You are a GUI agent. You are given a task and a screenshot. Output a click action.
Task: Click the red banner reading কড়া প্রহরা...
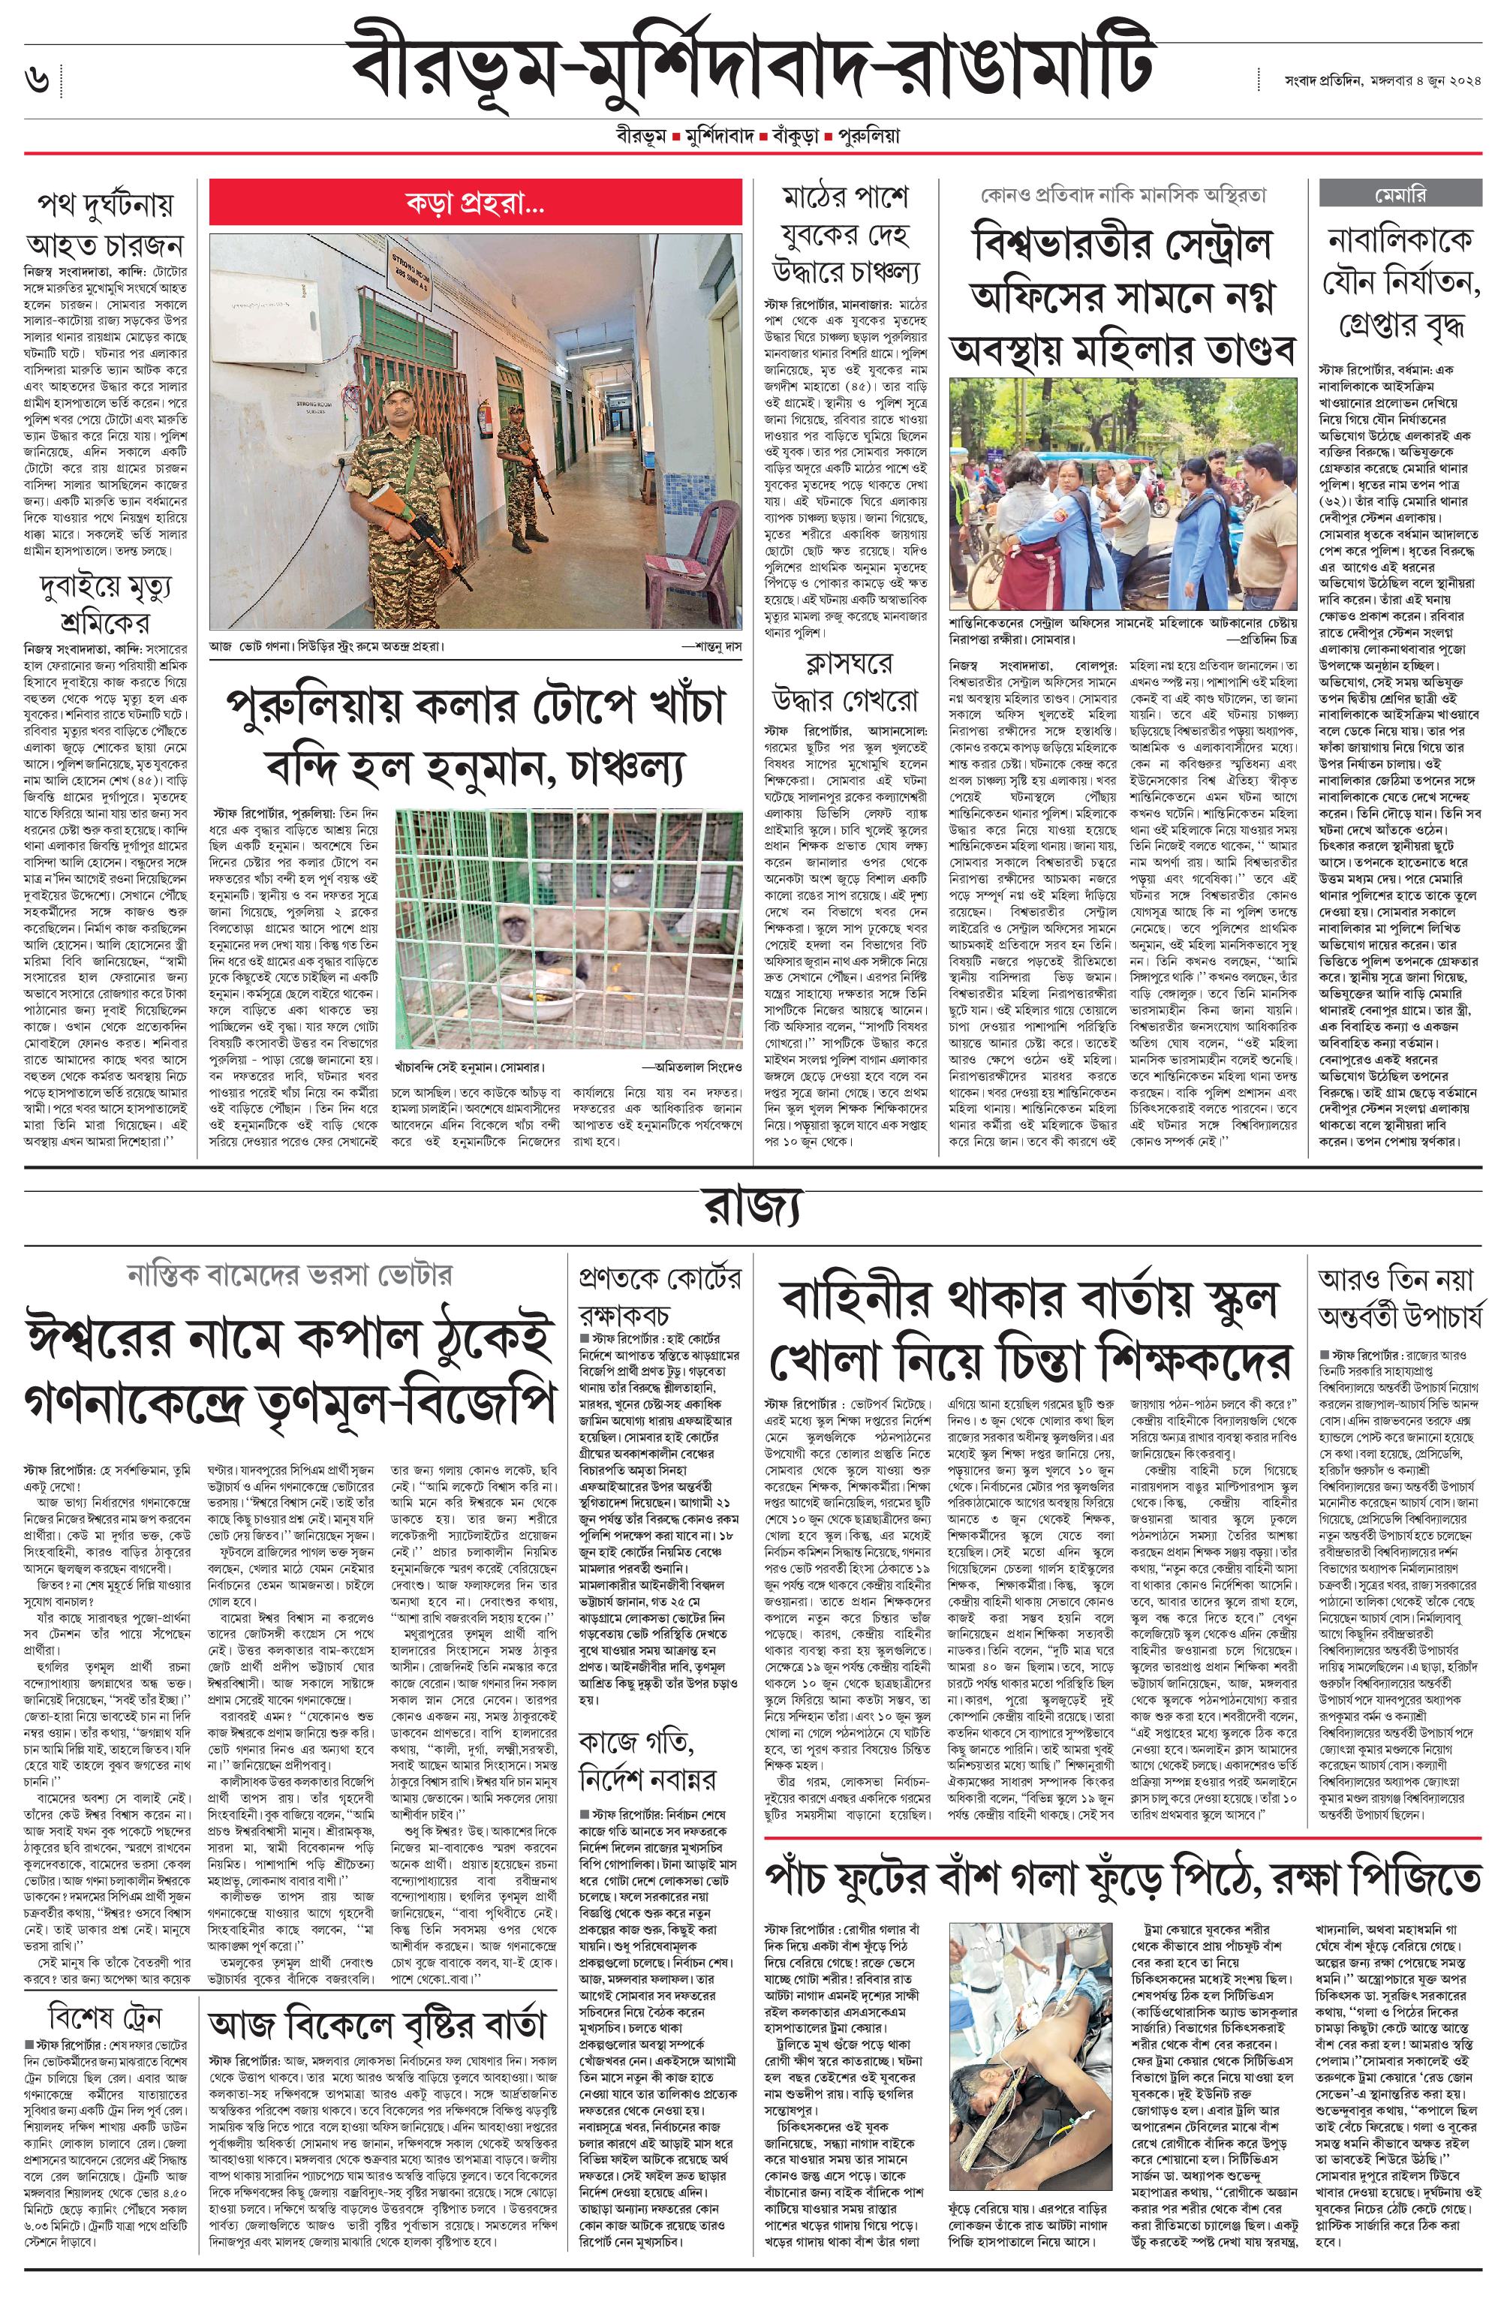pyautogui.click(x=474, y=204)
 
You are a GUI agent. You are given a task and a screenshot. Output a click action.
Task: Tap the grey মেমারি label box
pyautogui.click(x=1400, y=194)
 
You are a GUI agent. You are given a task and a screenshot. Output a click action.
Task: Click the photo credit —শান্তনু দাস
pyautogui.click(x=713, y=645)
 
